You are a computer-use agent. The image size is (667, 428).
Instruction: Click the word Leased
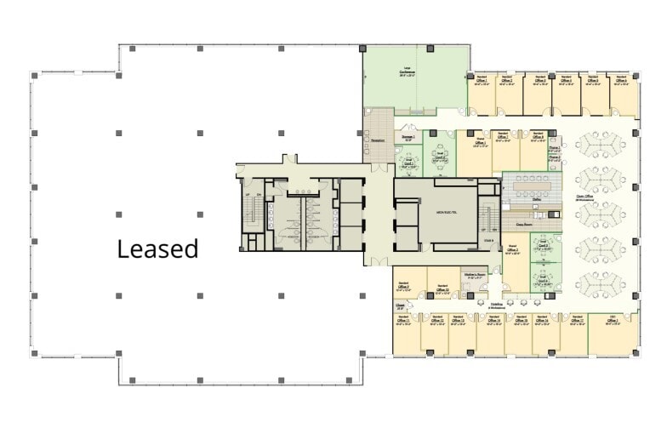point(157,248)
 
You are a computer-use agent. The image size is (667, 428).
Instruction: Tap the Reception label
point(379,140)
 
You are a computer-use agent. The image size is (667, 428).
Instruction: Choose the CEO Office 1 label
point(611,321)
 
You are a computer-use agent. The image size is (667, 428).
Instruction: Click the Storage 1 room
point(409,137)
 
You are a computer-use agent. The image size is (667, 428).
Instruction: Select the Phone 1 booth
point(554,147)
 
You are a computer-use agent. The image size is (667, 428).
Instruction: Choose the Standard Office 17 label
point(576,321)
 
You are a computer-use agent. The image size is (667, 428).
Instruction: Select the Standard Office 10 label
point(442,290)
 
